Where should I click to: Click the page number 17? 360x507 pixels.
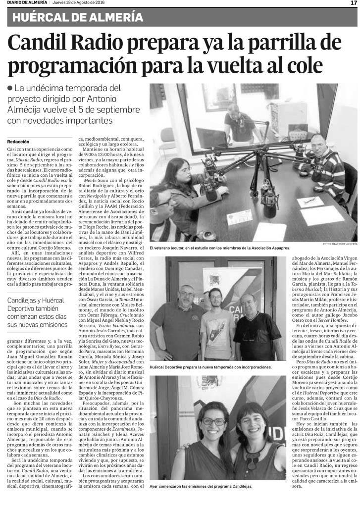354,3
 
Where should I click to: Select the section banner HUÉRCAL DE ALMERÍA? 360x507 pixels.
78,18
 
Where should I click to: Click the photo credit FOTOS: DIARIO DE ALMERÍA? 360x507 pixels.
339,244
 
